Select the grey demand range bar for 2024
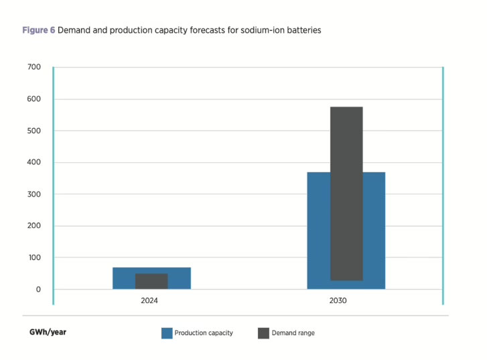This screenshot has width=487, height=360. click(151, 281)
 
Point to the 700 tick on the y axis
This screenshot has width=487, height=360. click(33, 67)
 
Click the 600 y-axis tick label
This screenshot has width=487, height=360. click(33, 99)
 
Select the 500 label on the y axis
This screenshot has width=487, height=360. click(33, 131)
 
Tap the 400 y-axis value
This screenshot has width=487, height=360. click(33, 162)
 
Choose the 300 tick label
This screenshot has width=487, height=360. click(33, 194)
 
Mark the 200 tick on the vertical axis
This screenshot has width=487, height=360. click(33, 226)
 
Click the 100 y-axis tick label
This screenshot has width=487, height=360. click(33, 257)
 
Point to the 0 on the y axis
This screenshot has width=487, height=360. click(38, 290)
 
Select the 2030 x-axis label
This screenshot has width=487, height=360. click(346, 301)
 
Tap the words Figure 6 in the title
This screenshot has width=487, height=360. click(38, 31)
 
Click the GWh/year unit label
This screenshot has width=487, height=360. click(48, 332)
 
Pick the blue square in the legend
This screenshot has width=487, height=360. click(167, 333)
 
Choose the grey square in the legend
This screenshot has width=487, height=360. click(263, 333)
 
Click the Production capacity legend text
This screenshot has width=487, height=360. click(204, 333)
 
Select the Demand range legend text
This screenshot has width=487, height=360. click(293, 333)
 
